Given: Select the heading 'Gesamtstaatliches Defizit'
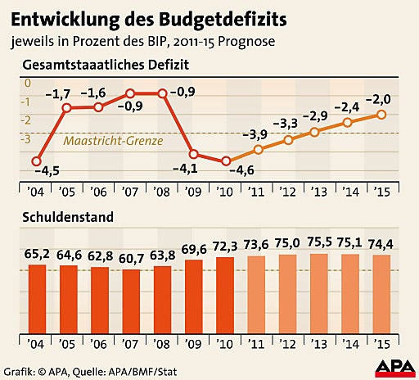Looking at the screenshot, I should tap(107, 63).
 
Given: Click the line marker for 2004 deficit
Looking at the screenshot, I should tap(36, 161).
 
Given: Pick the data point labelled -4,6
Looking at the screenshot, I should tap(227, 161).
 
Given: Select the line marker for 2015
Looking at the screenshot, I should tap(381, 115).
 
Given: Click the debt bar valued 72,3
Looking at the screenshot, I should tap(226, 287).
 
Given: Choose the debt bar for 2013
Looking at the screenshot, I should tap(319, 285).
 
